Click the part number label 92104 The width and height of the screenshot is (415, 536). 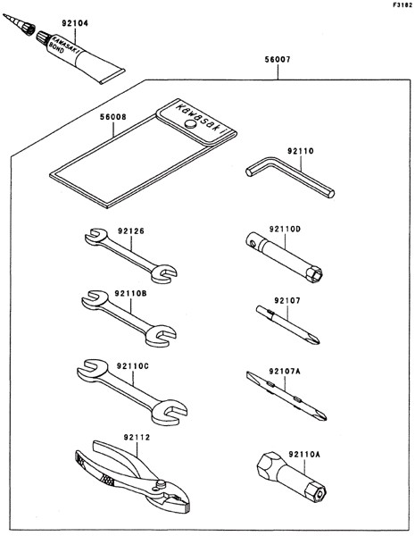[x=75, y=23]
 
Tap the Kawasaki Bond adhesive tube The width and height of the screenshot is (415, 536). [x=80, y=57]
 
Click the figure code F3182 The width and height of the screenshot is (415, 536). [x=403, y=5]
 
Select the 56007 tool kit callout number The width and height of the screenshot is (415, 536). [x=278, y=60]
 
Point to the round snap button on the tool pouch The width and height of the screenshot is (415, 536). [x=190, y=124]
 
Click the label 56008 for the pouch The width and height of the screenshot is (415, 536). [x=113, y=117]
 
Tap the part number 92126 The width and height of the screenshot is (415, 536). [x=131, y=231]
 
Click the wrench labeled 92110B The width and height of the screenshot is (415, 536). [x=129, y=319]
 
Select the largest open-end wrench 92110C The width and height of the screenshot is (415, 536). [x=132, y=392]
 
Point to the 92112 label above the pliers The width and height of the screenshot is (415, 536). [x=137, y=438]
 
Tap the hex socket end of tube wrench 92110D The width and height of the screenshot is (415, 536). [x=314, y=274]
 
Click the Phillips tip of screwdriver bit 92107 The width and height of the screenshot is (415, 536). [x=315, y=339]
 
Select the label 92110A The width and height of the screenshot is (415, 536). [x=304, y=455]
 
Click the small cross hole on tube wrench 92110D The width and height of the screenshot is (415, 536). [x=252, y=244]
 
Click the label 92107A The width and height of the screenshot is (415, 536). [x=284, y=372]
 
